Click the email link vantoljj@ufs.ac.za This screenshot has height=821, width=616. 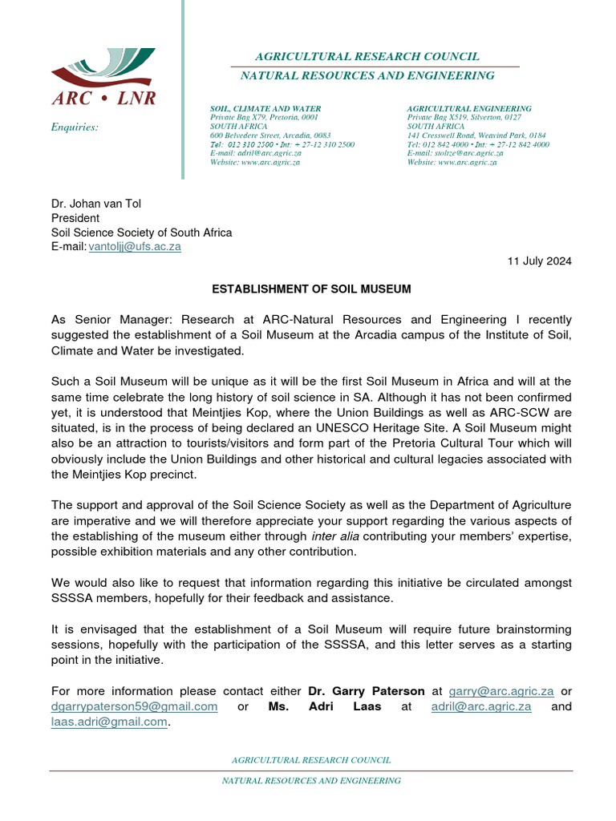click(135, 247)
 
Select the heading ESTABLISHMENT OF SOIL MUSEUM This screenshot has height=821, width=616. click(311, 289)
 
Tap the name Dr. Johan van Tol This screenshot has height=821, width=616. click(96, 204)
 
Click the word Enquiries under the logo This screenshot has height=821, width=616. click(75, 127)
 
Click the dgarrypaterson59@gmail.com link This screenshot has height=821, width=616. click(135, 706)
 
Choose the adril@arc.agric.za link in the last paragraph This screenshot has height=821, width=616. click(480, 706)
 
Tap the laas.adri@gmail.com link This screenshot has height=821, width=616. click(110, 722)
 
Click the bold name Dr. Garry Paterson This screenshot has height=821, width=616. click(367, 691)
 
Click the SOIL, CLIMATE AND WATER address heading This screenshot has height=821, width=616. click(265, 108)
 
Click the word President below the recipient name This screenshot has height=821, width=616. click(75, 218)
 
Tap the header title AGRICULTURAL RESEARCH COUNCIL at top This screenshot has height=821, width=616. click(367, 56)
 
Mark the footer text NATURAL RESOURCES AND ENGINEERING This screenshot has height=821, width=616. click(311, 780)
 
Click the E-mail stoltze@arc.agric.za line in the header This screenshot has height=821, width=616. click(456, 153)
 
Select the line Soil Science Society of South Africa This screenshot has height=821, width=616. click(142, 233)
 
